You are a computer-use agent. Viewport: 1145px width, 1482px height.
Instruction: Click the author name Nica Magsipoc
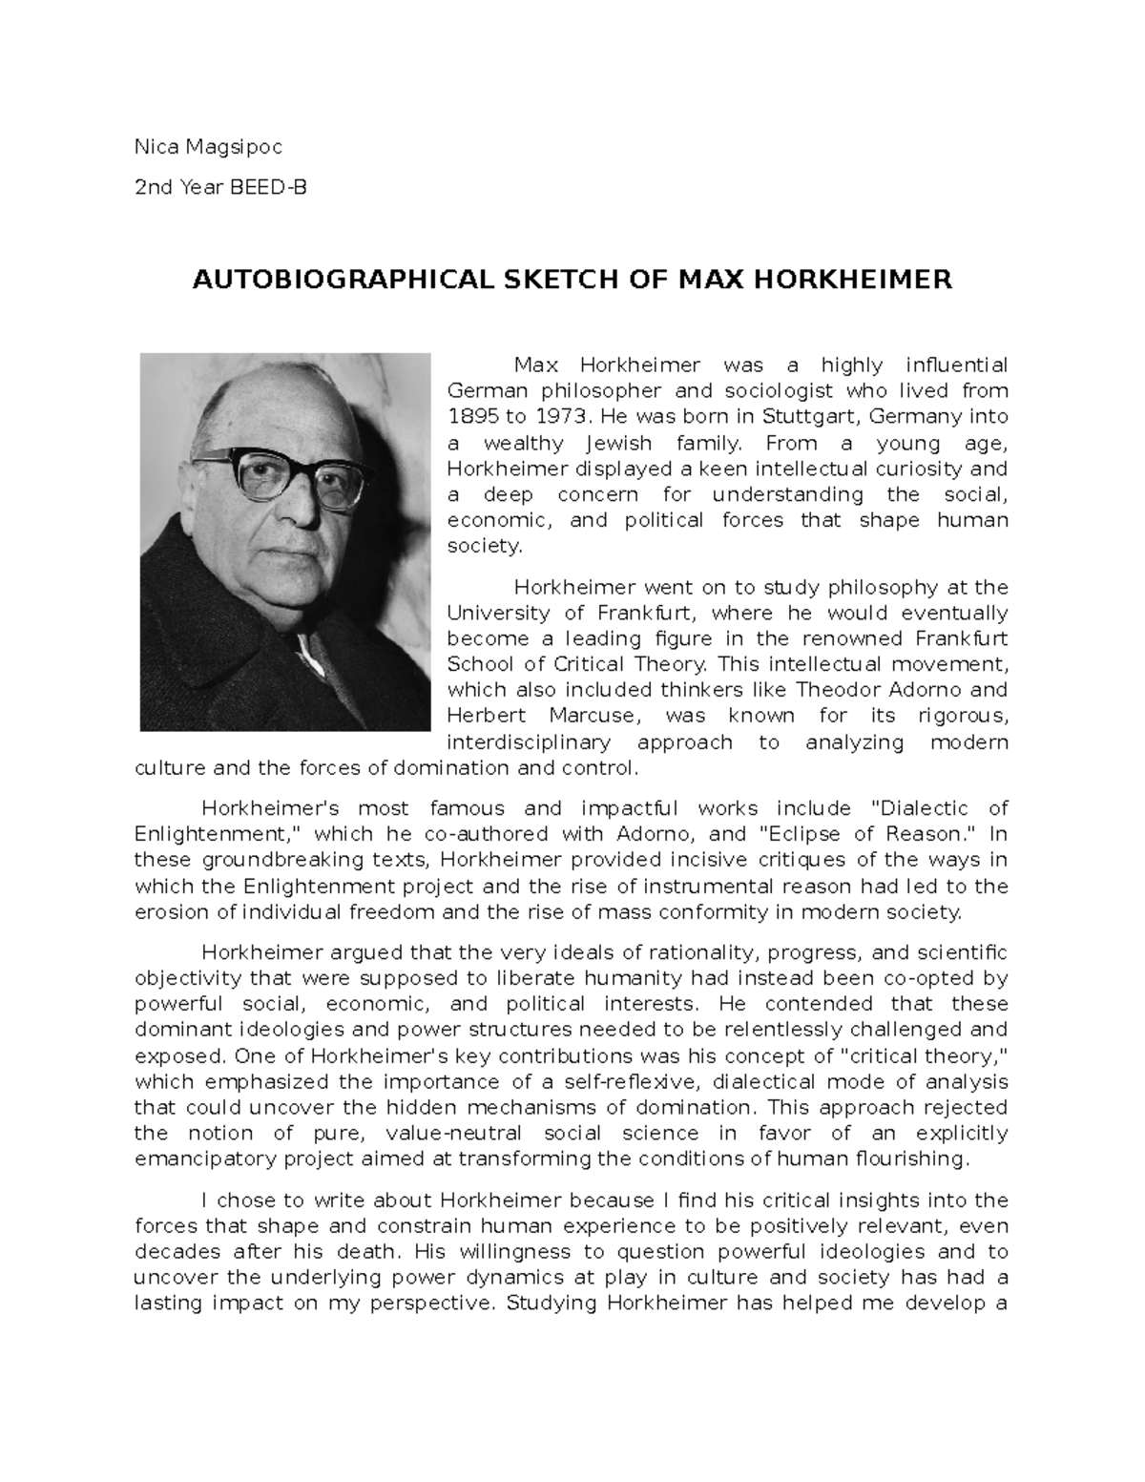click(208, 147)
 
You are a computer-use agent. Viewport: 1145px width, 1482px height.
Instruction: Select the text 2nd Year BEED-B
click(220, 188)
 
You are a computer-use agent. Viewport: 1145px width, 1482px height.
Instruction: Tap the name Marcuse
click(596, 716)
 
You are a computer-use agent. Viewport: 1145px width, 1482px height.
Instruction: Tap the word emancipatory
click(198, 1159)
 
